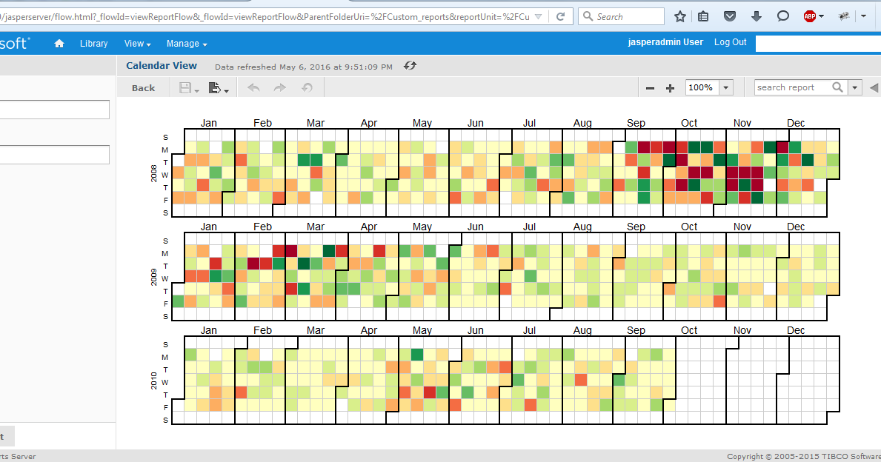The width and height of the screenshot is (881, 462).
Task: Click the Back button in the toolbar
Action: click(143, 87)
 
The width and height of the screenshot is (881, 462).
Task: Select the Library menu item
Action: click(94, 44)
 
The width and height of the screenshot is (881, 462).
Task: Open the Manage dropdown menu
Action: click(186, 44)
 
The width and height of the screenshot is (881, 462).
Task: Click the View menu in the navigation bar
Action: click(137, 44)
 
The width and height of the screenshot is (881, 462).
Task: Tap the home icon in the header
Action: click(59, 44)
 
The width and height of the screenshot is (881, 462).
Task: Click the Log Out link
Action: click(730, 42)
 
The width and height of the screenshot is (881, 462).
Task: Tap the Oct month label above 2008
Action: click(689, 123)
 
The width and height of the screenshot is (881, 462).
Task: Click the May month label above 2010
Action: click(422, 330)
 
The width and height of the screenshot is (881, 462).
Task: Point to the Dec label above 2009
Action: click(796, 227)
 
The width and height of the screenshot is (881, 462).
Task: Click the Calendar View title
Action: click(162, 66)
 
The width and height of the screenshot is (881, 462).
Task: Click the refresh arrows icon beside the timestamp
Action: click(410, 66)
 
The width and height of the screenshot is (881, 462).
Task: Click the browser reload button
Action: click(561, 16)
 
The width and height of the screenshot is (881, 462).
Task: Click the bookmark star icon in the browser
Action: click(680, 16)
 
